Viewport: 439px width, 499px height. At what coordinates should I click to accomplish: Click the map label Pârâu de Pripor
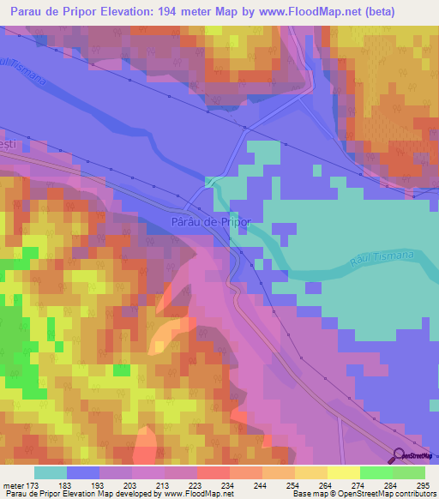pyautogui.click(x=211, y=221)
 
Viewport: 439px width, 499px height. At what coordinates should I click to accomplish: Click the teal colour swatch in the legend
pyautogui.click(x=50, y=472)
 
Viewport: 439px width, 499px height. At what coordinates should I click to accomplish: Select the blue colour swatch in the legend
pyautogui.click(x=82, y=472)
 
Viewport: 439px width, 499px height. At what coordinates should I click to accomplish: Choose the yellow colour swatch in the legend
pyautogui.click(x=343, y=472)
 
